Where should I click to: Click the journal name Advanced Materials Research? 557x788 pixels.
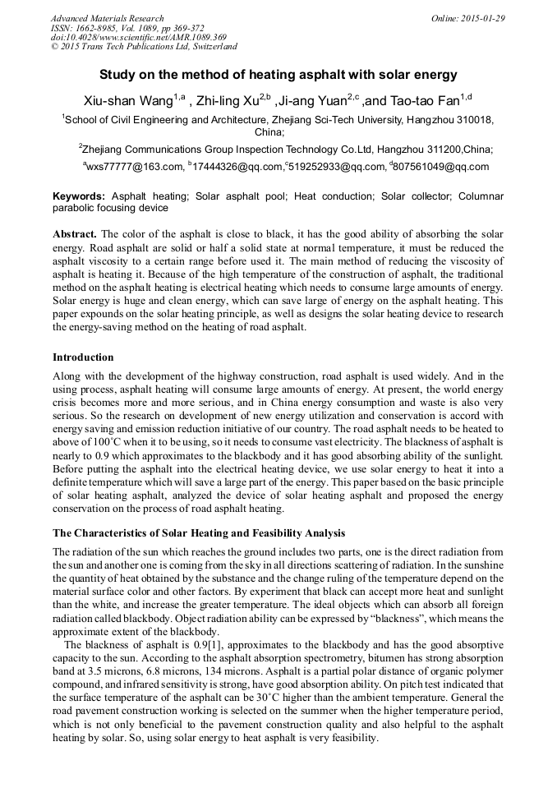[107, 18]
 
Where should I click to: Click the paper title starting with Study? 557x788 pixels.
[278, 75]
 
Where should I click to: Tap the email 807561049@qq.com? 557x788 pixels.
[444, 167]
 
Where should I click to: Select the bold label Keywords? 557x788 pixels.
[79, 197]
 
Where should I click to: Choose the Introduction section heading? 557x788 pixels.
[83, 357]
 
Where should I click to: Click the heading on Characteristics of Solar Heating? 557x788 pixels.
[199, 533]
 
